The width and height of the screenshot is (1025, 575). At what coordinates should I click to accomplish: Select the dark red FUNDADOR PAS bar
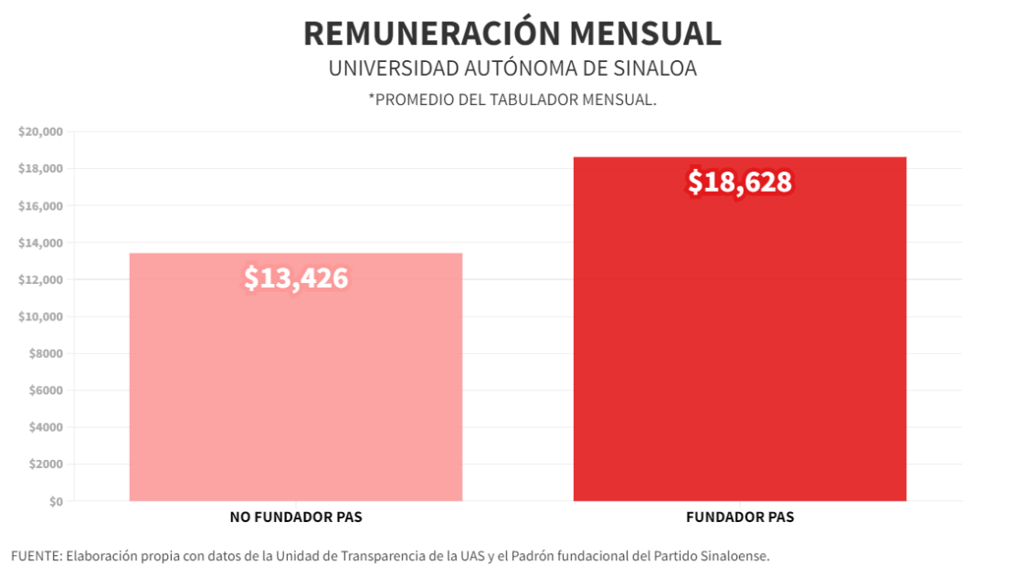click(x=739, y=365)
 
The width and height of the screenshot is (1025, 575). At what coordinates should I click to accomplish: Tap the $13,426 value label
click(x=296, y=278)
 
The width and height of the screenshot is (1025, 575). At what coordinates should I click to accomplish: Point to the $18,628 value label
click(x=739, y=183)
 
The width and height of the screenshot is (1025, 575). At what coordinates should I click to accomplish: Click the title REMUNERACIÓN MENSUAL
click(x=512, y=33)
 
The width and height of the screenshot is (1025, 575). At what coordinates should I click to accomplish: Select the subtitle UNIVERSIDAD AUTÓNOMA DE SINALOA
click(x=512, y=69)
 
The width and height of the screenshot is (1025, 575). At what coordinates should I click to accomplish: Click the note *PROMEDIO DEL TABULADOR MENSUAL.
click(x=512, y=99)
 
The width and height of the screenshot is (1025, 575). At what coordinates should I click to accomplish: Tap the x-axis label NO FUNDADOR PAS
click(x=295, y=517)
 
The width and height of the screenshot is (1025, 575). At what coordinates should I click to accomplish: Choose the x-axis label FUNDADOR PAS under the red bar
click(x=739, y=517)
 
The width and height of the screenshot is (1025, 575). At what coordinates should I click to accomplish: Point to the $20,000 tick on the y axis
click(x=40, y=132)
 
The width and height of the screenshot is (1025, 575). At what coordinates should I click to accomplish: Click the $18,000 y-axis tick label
click(x=40, y=169)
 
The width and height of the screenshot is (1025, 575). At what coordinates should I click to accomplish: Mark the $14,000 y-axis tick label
click(x=40, y=243)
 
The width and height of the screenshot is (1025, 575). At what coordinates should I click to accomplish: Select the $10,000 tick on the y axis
click(x=40, y=317)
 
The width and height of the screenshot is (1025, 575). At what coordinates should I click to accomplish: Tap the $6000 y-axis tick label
click(x=43, y=391)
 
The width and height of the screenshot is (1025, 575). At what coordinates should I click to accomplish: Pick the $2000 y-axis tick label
click(x=43, y=465)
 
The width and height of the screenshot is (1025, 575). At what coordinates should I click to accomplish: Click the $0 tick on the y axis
click(x=56, y=501)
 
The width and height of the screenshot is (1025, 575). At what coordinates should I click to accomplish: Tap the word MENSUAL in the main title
click(x=645, y=33)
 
